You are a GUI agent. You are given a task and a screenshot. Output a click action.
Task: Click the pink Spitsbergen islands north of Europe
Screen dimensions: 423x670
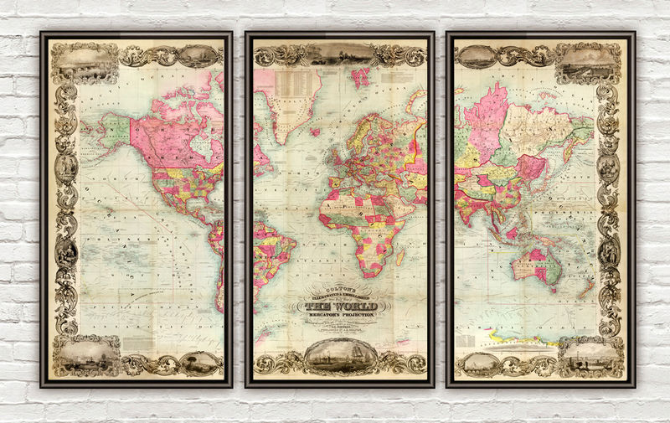(362, 78)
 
